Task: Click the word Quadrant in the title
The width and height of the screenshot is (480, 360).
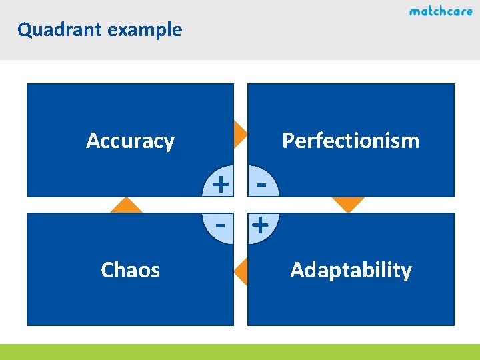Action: [56, 30]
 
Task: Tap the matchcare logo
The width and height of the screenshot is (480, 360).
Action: [441, 11]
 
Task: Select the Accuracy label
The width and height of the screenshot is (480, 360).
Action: [130, 141]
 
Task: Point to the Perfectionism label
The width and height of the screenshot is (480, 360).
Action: [351, 141]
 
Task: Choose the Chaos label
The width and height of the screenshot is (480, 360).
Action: [130, 270]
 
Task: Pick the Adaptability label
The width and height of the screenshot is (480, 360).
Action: [351, 270]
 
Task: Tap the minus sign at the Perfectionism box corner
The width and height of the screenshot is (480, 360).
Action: [262, 181]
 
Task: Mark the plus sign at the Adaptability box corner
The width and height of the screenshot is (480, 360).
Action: [261, 226]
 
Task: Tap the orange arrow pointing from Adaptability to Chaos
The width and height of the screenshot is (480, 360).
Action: [241, 271]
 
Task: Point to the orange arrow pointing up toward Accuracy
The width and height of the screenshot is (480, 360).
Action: [127, 206]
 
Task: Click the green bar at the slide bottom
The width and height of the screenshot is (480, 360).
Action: [240, 351]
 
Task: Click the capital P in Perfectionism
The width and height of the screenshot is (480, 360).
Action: [288, 141]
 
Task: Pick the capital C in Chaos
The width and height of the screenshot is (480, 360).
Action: [107, 270]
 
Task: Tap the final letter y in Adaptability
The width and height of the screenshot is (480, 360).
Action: [407, 272]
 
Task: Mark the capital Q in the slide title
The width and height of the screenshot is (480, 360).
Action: [24, 30]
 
